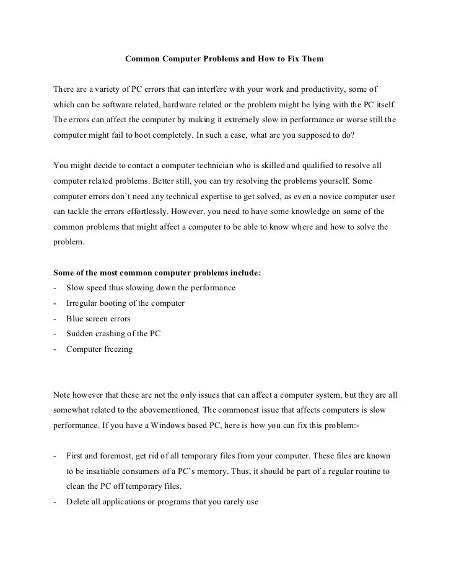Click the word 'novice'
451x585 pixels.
click(x=336, y=196)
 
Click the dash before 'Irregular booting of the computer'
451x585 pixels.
click(x=56, y=304)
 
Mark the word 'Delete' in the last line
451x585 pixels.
click(x=78, y=501)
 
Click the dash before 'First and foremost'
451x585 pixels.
click(x=56, y=456)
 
